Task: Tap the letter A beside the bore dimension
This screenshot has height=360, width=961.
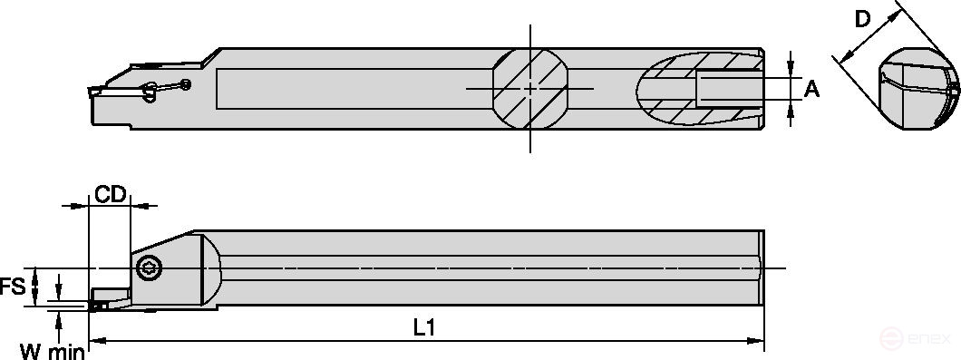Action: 812,88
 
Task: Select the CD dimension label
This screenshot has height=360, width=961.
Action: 110,194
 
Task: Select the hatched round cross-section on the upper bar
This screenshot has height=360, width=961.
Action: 531,88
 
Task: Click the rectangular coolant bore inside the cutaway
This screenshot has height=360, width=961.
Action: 725,88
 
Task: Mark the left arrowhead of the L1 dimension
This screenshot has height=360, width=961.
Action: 97,341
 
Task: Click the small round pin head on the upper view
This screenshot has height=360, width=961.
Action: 186,84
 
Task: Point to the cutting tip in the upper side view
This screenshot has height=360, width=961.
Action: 92,91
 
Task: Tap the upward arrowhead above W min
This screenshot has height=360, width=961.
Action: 60,315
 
